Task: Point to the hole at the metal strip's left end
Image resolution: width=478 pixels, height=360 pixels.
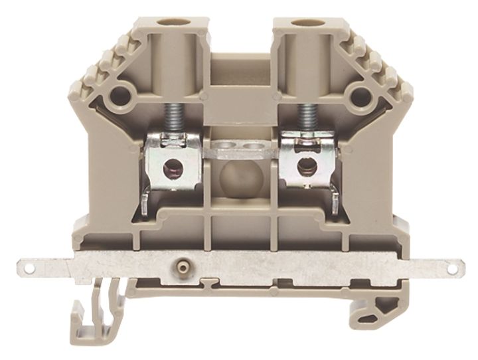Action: (29, 269)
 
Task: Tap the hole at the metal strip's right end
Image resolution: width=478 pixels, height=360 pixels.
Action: (451, 269)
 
